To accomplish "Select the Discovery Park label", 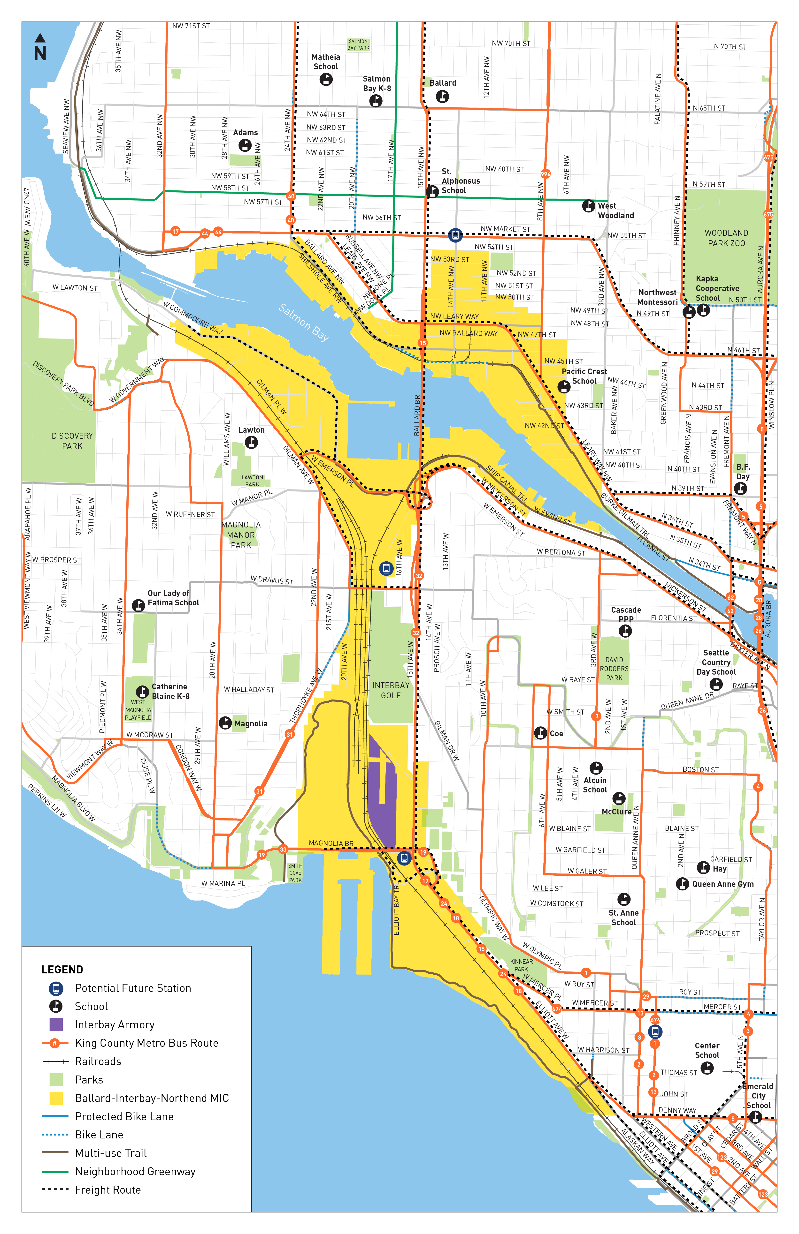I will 72,441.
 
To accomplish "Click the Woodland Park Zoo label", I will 726,238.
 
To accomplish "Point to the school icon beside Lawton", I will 251,442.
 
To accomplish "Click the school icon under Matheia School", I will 326,79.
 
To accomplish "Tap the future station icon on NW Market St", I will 455,235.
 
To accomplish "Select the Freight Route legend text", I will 108,1189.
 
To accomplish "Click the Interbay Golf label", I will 391,690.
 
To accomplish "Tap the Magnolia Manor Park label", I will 241,534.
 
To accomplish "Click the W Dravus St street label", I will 272,580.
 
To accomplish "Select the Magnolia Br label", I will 331,843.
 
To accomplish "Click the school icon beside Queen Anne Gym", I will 682,883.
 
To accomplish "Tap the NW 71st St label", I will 191,26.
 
